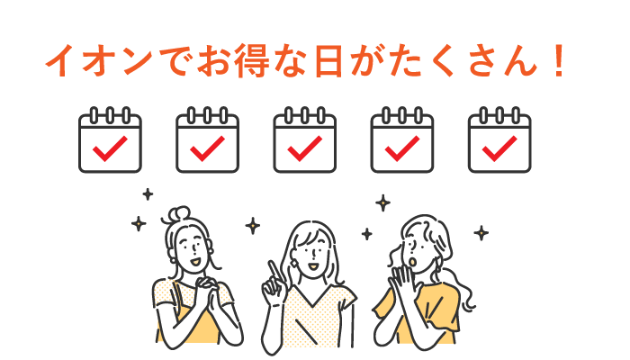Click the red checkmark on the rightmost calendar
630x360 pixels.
pos(500,147)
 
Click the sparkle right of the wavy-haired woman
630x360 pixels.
pos(481,233)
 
